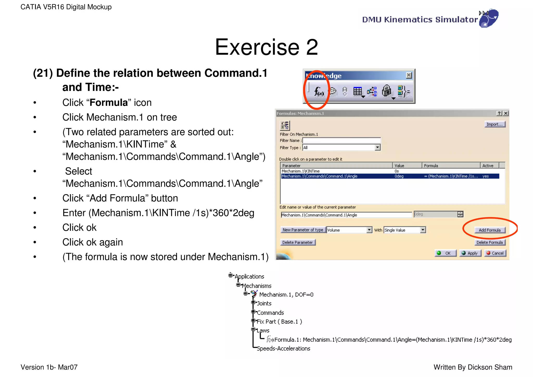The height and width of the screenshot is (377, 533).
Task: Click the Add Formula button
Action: point(489,230)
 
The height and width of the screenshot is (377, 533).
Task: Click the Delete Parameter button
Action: point(297,242)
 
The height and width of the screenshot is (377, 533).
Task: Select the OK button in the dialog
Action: point(445,253)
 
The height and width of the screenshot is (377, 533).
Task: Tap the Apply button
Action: point(470,253)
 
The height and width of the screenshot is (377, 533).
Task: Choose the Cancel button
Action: point(495,253)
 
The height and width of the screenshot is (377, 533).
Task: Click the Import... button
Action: point(494,124)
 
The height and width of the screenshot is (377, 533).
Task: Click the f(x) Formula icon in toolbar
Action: point(319,91)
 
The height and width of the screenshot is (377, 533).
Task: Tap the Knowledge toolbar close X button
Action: point(409,75)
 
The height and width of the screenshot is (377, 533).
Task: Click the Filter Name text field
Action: point(341,140)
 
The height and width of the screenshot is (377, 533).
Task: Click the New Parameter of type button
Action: point(303,230)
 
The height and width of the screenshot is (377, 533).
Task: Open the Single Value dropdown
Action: point(423,230)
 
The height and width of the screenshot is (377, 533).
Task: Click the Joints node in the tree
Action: point(264,303)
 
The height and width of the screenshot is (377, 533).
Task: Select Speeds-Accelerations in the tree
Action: point(283,348)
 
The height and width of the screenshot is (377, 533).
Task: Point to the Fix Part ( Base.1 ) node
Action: point(279,322)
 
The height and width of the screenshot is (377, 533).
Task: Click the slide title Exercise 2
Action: point(266,47)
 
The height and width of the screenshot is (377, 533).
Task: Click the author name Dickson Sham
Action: point(490,367)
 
